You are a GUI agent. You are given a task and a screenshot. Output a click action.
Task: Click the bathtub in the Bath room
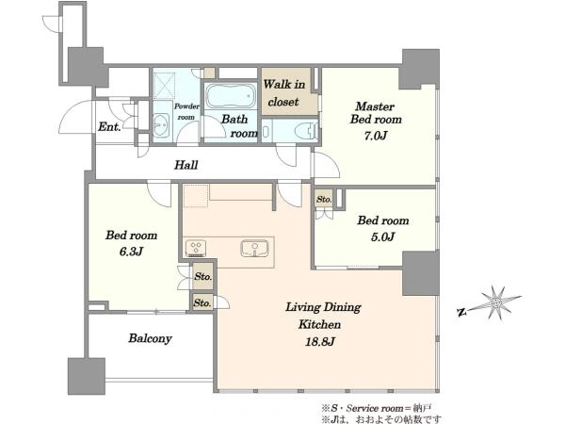231,97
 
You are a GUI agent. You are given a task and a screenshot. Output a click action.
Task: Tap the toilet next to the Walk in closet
306,130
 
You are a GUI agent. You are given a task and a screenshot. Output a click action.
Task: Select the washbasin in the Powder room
161,125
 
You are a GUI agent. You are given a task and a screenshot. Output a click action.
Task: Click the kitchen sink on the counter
255,248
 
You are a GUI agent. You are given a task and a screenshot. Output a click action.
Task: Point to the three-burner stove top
196,248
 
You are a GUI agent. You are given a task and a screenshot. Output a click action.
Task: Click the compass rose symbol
497,302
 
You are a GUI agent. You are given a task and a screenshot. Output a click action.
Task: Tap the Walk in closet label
284,93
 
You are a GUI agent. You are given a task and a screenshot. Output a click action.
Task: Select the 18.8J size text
319,341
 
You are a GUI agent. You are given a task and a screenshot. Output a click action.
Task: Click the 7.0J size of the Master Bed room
376,136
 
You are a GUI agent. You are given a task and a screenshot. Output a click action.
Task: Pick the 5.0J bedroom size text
382,236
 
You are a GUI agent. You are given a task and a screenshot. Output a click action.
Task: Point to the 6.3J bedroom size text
131,251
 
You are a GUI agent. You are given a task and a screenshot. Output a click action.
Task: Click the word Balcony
150,338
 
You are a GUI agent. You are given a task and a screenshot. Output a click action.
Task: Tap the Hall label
186,165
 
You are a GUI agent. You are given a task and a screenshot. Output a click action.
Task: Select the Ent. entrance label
109,126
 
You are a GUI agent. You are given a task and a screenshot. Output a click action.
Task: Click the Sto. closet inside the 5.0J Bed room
324,199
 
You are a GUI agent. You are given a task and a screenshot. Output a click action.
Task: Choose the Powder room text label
186,112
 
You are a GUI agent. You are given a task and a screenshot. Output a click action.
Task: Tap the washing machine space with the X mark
164,86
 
